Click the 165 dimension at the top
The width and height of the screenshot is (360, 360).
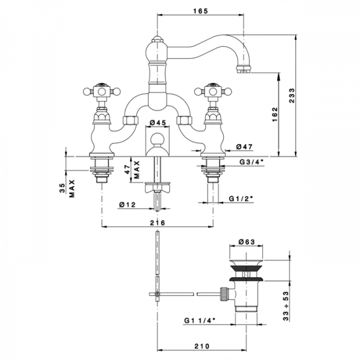[x=200, y=10]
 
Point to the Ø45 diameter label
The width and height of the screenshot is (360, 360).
[x=157, y=125]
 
